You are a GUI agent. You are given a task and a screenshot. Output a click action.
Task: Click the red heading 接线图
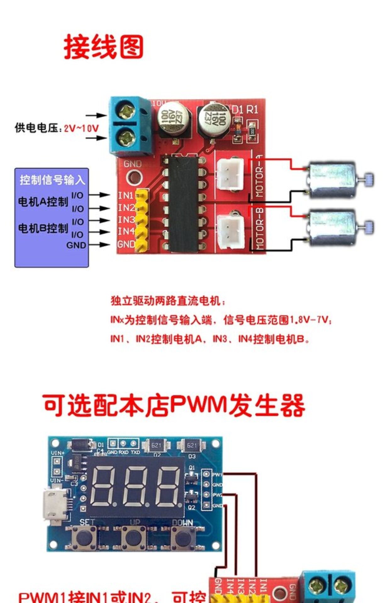click(x=103, y=47)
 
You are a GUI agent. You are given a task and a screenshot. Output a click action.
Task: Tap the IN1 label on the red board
click(x=126, y=195)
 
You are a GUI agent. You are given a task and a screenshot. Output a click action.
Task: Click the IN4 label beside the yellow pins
click(x=126, y=231)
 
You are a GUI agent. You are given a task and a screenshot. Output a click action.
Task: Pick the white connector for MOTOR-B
click(x=232, y=229)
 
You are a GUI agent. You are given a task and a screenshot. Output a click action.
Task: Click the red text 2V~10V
click(x=81, y=128)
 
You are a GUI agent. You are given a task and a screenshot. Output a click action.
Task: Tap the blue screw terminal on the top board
click(x=130, y=126)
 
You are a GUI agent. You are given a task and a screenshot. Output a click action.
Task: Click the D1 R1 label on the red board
click(x=245, y=110)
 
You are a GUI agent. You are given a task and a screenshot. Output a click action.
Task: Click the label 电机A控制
click(x=43, y=202)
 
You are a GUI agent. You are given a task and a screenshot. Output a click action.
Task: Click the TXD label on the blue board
click(x=135, y=453)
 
